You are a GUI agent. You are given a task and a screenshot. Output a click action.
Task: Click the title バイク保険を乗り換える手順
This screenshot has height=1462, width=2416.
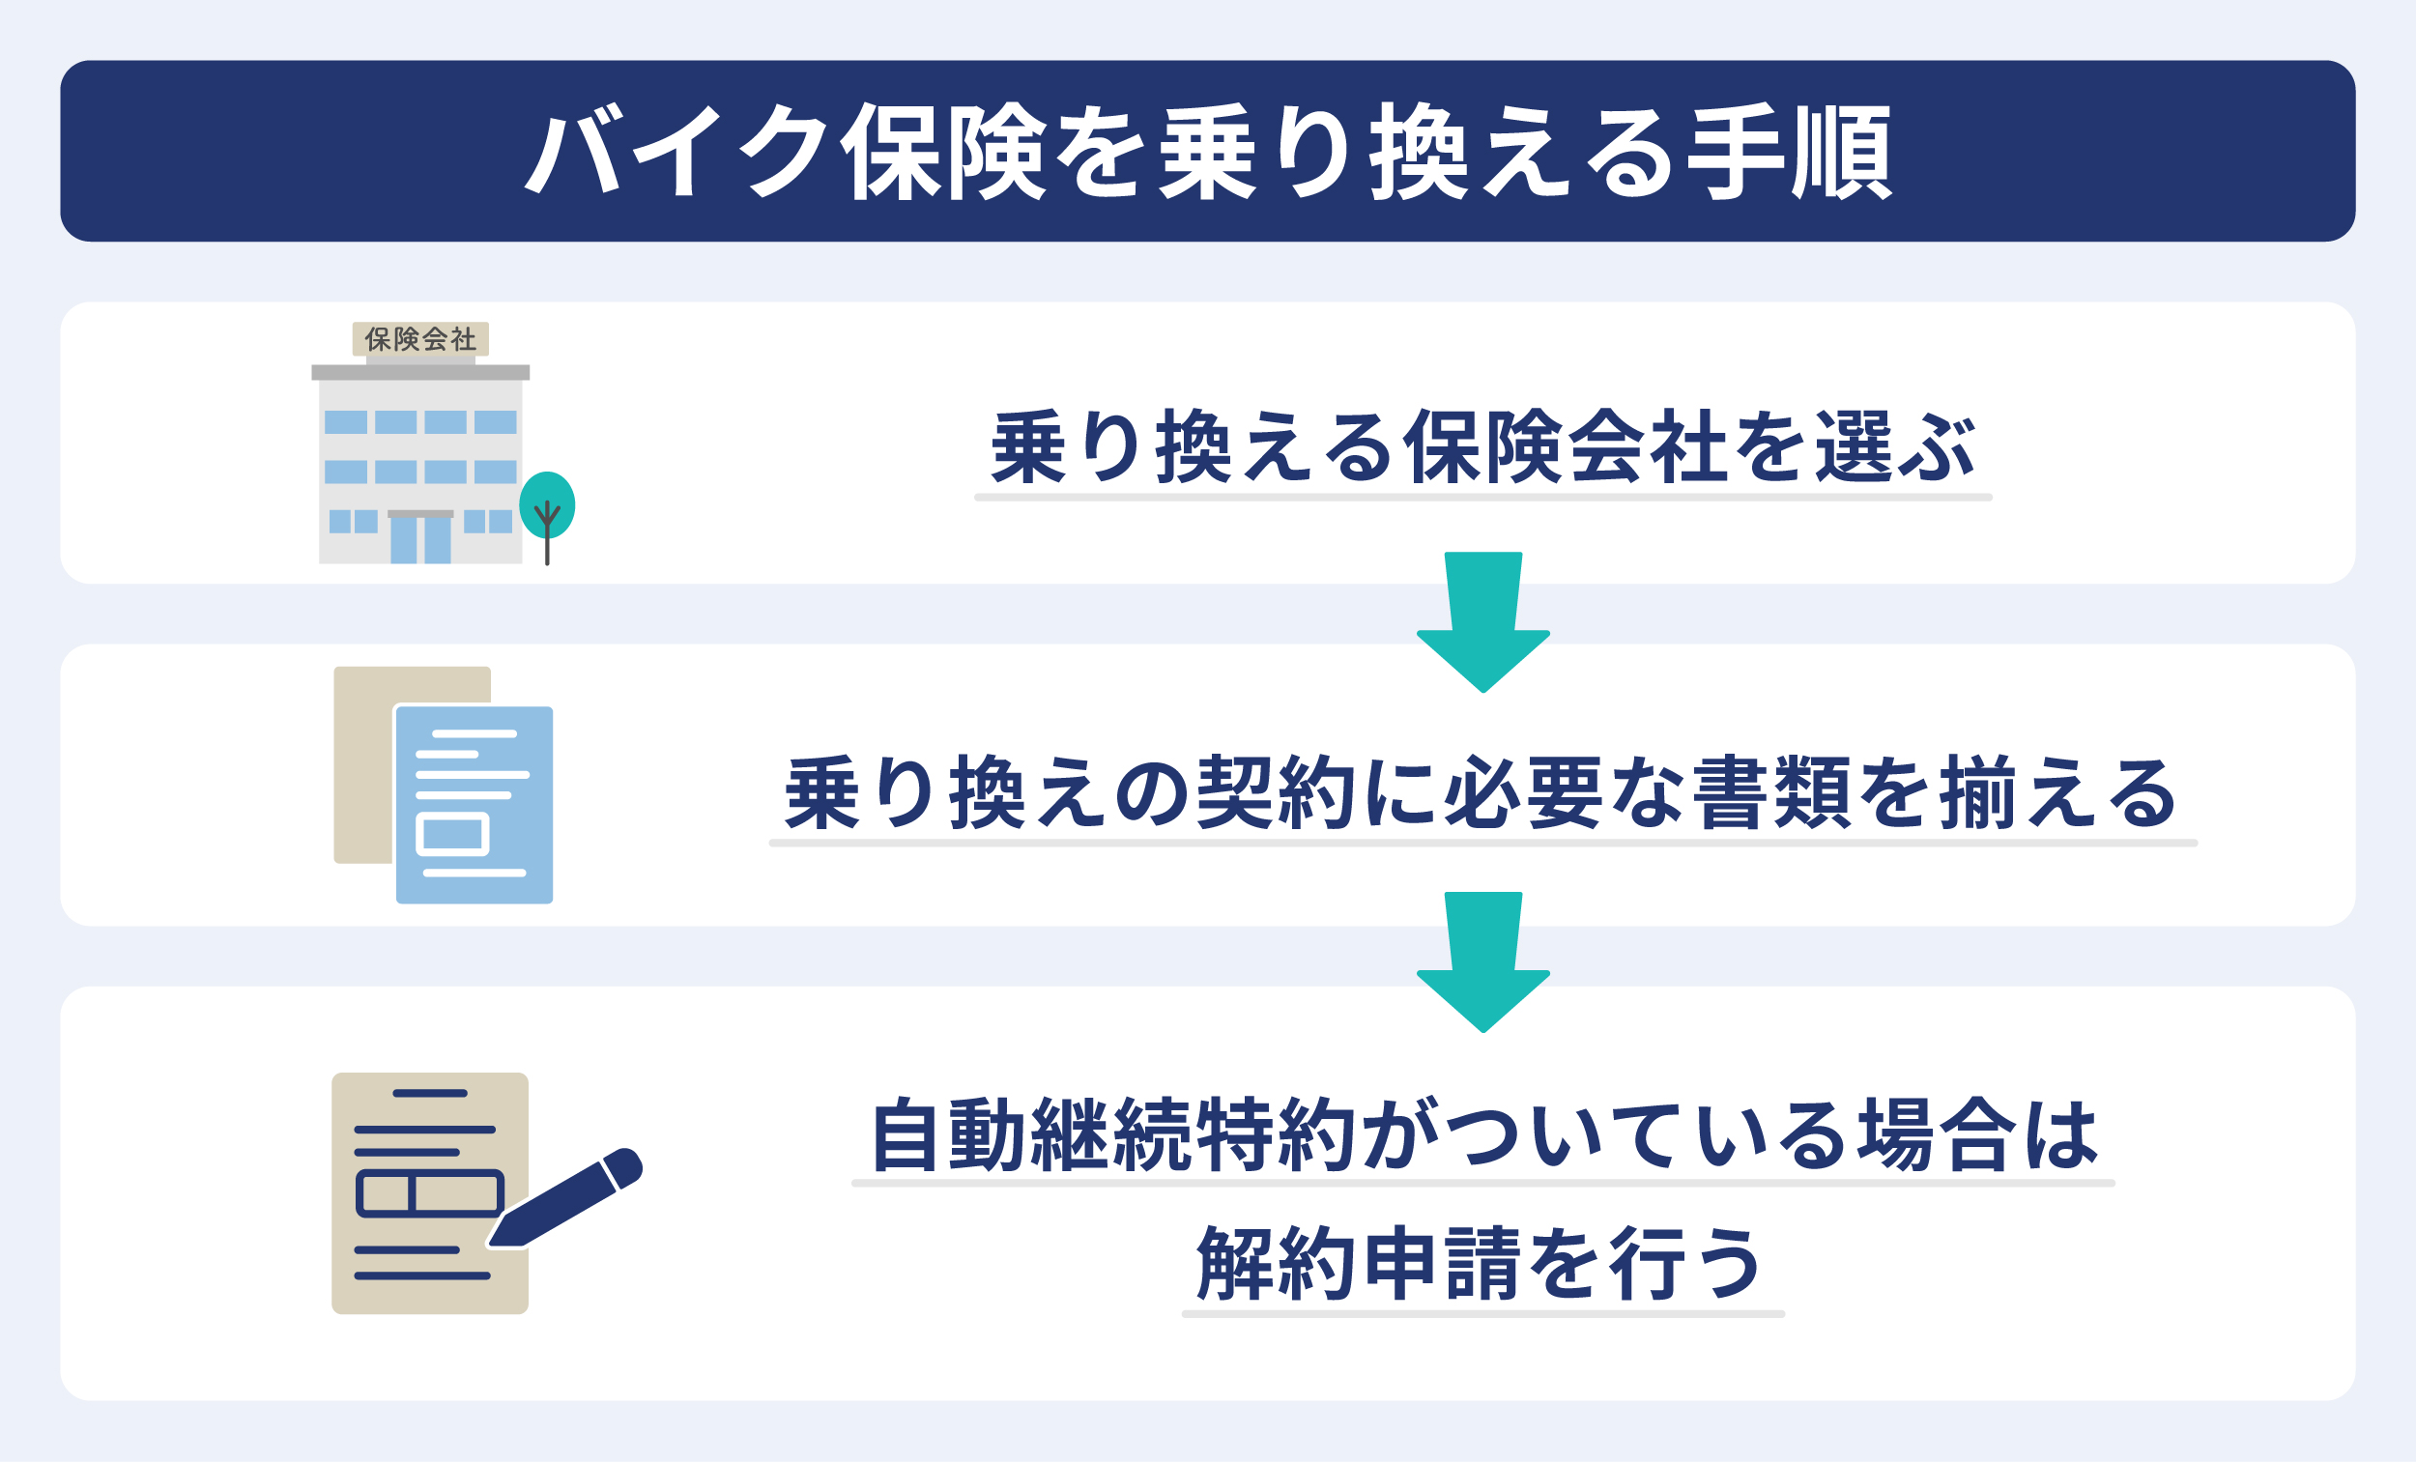[1208, 152]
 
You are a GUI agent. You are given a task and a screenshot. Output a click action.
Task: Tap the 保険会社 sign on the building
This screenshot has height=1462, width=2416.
[420, 339]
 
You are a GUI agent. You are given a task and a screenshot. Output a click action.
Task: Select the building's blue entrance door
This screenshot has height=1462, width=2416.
[420, 539]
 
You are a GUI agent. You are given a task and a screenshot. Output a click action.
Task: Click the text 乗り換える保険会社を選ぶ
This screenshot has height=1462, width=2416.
[1482, 447]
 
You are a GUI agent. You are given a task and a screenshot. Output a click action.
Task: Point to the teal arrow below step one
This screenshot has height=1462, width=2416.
[1483, 621]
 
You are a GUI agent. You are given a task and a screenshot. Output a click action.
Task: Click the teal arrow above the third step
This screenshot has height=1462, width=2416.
[1483, 961]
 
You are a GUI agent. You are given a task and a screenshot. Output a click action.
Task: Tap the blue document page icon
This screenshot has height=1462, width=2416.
[475, 804]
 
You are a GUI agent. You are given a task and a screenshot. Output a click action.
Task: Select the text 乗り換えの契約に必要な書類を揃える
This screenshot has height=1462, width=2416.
[1481, 793]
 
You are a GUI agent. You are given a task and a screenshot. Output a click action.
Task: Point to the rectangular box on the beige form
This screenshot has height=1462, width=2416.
[429, 1192]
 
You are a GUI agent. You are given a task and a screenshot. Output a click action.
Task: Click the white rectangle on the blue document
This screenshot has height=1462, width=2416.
[453, 835]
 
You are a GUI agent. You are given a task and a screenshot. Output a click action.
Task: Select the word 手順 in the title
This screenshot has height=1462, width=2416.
[1791, 152]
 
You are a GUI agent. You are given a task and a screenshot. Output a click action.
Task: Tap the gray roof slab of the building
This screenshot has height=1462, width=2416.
[420, 372]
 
